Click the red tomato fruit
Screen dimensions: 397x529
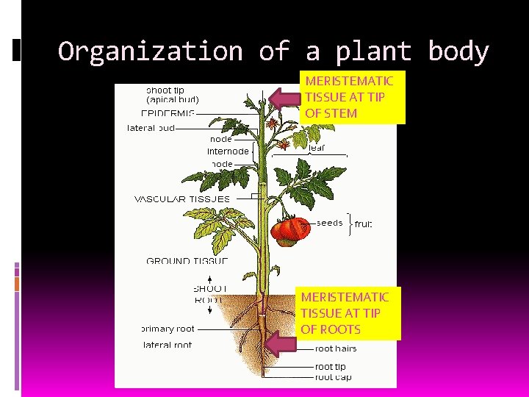[290, 231]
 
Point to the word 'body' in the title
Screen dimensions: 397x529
[458, 51]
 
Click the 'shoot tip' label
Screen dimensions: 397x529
[166, 90]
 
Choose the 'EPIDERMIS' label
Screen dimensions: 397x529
[168, 114]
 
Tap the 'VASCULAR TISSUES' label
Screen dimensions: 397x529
[181, 198]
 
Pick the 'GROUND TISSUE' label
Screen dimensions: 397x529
[187, 261]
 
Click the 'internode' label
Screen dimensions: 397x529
[228, 151]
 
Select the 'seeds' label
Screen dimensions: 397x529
[330, 223]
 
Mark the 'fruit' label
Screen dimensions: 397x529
[364, 223]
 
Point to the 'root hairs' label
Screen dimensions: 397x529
[336, 348]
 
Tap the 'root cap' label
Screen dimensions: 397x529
[333, 377]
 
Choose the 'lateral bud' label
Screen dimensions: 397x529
[151, 127]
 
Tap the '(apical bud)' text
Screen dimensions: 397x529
[173, 99]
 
